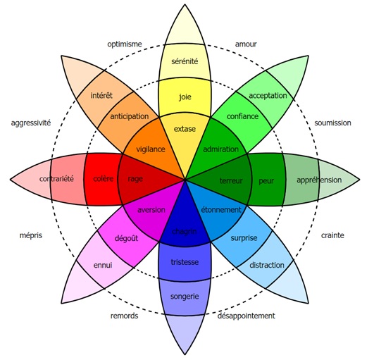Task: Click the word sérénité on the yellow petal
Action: (x=185, y=61)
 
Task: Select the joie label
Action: (x=185, y=97)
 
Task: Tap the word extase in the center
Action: (x=185, y=129)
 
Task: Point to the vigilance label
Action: (x=151, y=149)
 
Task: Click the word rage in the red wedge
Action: (x=135, y=179)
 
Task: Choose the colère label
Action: (x=104, y=178)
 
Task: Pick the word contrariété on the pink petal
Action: (x=56, y=179)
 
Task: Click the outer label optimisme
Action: (x=125, y=44)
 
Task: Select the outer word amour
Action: (x=246, y=44)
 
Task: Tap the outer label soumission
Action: (x=332, y=123)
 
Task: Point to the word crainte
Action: (x=332, y=235)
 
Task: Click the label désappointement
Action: (x=246, y=316)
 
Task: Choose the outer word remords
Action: (x=124, y=316)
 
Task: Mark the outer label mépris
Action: (x=31, y=235)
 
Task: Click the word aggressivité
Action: (x=31, y=123)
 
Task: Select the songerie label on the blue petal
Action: (x=185, y=297)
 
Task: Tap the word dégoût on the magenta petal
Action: (x=126, y=238)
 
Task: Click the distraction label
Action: (x=267, y=265)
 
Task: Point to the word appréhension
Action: (x=319, y=180)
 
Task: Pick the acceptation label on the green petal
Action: (x=268, y=96)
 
